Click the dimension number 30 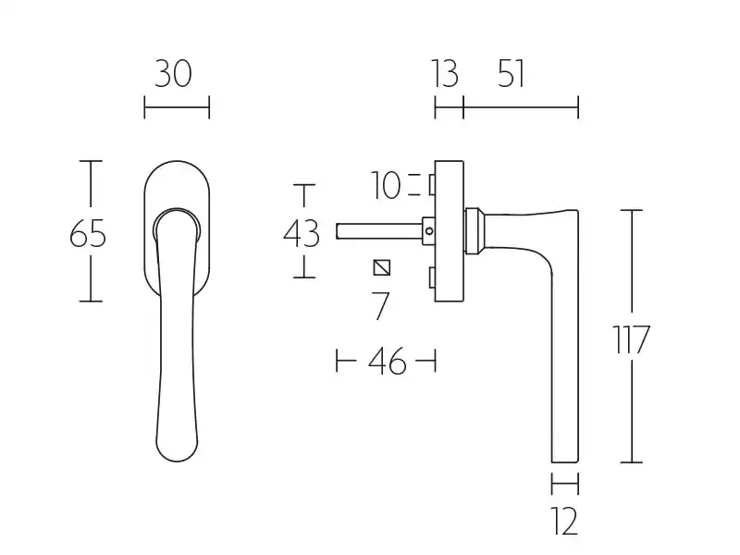(x=173, y=74)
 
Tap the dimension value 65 (x=88, y=234)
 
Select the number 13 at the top (x=445, y=74)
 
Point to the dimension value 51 (x=512, y=74)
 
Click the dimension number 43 (x=302, y=234)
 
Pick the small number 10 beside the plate (x=386, y=186)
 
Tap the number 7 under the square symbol (x=380, y=306)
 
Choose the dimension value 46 (x=387, y=361)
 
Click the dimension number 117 (x=632, y=339)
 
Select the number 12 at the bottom (x=565, y=521)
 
